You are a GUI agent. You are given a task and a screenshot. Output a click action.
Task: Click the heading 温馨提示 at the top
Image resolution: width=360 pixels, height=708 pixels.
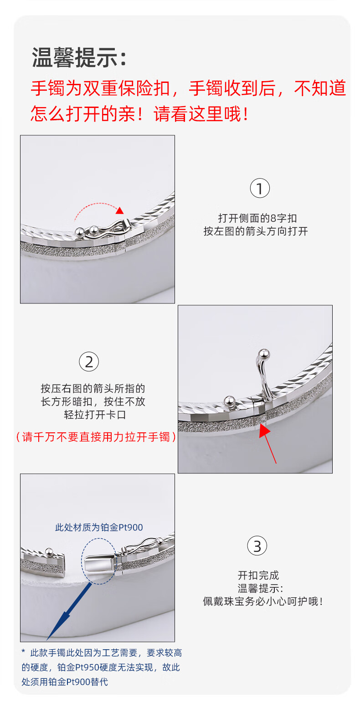click(x=75, y=57)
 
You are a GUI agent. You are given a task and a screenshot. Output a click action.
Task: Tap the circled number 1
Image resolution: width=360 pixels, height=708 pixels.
click(x=259, y=188)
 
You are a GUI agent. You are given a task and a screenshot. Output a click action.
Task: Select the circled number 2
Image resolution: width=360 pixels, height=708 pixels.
click(x=89, y=362)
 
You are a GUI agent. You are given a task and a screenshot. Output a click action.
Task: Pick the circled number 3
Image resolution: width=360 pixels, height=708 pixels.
click(x=257, y=546)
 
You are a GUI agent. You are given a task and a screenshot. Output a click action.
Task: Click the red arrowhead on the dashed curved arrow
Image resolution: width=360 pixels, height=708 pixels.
click(x=120, y=210)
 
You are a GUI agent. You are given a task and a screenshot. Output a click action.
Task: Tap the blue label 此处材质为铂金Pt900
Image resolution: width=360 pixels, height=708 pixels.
click(x=99, y=527)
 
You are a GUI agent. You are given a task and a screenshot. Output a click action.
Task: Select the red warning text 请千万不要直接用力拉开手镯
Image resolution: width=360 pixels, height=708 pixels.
click(x=96, y=437)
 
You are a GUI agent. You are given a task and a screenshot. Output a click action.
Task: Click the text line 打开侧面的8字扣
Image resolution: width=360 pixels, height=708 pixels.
click(x=257, y=218)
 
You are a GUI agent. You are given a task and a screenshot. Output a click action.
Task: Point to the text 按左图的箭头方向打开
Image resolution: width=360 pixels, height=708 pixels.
click(x=256, y=231)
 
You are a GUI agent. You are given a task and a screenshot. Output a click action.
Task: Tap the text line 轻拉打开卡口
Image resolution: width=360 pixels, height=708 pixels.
click(x=95, y=415)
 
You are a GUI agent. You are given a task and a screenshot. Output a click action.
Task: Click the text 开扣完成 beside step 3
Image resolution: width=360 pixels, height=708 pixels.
click(x=258, y=575)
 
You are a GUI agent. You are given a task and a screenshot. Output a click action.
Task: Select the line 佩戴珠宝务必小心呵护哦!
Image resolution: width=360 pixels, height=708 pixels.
click(x=262, y=601)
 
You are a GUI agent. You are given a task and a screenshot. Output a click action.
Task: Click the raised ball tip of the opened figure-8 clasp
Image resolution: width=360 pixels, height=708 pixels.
click(x=263, y=353)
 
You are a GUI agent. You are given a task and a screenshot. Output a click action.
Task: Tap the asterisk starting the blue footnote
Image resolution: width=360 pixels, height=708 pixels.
click(x=23, y=652)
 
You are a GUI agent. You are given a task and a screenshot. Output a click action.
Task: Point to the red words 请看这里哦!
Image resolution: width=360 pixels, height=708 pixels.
click(x=201, y=114)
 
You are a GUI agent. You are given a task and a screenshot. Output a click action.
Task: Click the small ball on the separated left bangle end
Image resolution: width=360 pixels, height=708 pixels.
click(x=49, y=552)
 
